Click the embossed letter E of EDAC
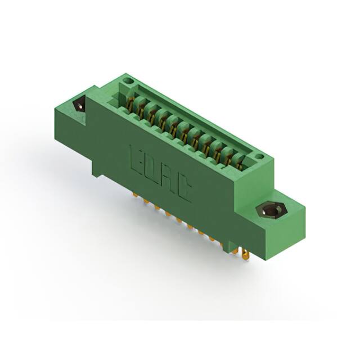135,155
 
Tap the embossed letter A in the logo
166,178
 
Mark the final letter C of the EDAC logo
183,190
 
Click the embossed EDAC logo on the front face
160,173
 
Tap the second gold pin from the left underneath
145,201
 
